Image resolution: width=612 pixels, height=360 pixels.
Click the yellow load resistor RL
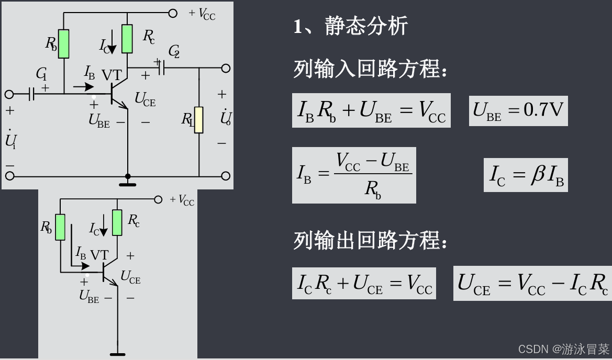199,120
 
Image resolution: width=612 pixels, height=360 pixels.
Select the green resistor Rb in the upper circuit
64,43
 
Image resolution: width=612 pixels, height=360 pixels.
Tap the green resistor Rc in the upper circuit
127,39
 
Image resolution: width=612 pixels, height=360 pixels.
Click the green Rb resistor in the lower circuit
61,227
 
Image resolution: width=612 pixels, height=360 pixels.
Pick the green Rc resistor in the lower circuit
117,222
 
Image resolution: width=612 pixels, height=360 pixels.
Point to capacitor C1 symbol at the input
32,94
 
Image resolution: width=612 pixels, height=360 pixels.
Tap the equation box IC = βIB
526,175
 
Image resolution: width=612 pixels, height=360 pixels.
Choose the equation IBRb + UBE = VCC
371,110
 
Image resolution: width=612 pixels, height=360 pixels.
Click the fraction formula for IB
354,175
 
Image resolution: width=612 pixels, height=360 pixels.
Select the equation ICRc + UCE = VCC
364,284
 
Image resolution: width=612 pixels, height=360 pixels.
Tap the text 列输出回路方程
370,241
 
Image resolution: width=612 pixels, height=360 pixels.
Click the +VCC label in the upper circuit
202,14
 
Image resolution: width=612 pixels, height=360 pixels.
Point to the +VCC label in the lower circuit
182,200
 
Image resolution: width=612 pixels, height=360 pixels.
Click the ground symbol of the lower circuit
117,354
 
